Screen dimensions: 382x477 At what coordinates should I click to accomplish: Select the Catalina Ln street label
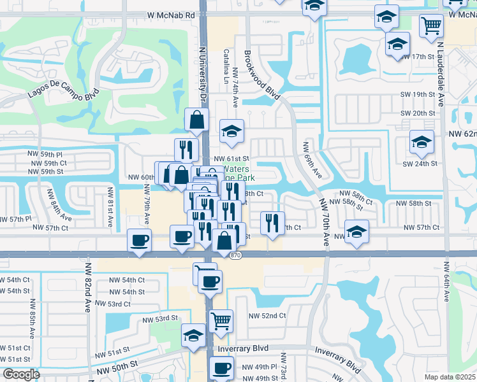pyautogui.click(x=225, y=67)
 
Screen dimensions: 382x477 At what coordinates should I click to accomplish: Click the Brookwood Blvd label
pyautogui.click(x=263, y=76)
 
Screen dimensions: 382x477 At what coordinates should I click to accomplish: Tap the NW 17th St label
pyautogui.click(x=418, y=57)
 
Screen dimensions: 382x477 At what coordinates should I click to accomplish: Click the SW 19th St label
pyautogui.click(x=418, y=94)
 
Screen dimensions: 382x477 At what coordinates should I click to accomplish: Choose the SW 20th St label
pyautogui.click(x=418, y=113)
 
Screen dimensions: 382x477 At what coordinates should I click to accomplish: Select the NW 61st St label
pyautogui.click(x=231, y=159)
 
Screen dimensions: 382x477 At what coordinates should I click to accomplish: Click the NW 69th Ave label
pyautogui.click(x=311, y=160)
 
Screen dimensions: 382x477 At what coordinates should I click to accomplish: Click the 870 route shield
pyautogui.click(x=237, y=255)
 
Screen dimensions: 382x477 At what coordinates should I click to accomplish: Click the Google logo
pyautogui.click(x=21, y=374)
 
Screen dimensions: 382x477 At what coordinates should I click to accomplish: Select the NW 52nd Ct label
pyautogui.click(x=267, y=315)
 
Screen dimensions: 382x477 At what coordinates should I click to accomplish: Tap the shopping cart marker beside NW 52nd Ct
pyautogui.click(x=221, y=320)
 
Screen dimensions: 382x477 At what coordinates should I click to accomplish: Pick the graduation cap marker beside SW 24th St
pyautogui.click(x=422, y=142)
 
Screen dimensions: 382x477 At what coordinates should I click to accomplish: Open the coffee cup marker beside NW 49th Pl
pyautogui.click(x=222, y=367)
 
